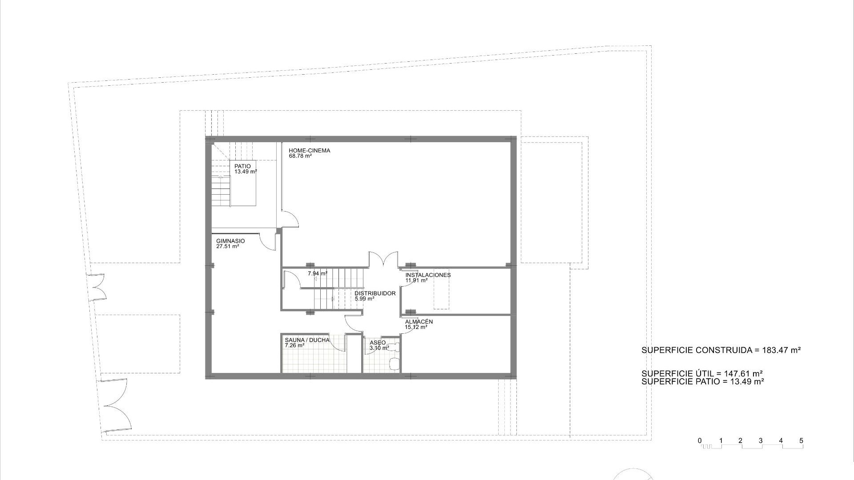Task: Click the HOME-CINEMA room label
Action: pyautogui.click(x=309, y=151)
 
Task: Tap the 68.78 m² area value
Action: pyautogui.click(x=300, y=156)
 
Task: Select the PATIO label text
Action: pyautogui.click(x=242, y=166)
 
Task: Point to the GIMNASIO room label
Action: pyautogui.click(x=230, y=241)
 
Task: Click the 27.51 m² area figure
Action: pyautogui.click(x=228, y=246)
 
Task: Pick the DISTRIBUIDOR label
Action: pyautogui.click(x=375, y=293)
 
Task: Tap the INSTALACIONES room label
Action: pyautogui.click(x=428, y=275)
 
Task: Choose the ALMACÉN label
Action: pyautogui.click(x=419, y=322)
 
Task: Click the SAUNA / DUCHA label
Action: pyautogui.click(x=307, y=340)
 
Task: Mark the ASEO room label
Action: pyautogui.click(x=378, y=343)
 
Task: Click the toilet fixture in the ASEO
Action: pyautogui.click(x=394, y=364)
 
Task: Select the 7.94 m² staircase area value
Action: pyautogui.click(x=318, y=273)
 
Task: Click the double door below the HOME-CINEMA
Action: pyautogui.click(x=383, y=260)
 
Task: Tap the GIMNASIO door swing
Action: pyautogui.click(x=268, y=242)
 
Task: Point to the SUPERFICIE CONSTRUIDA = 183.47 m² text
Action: pyautogui.click(x=721, y=350)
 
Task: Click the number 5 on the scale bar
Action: pyautogui.click(x=801, y=441)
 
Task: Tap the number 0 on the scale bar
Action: pyautogui.click(x=700, y=441)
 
